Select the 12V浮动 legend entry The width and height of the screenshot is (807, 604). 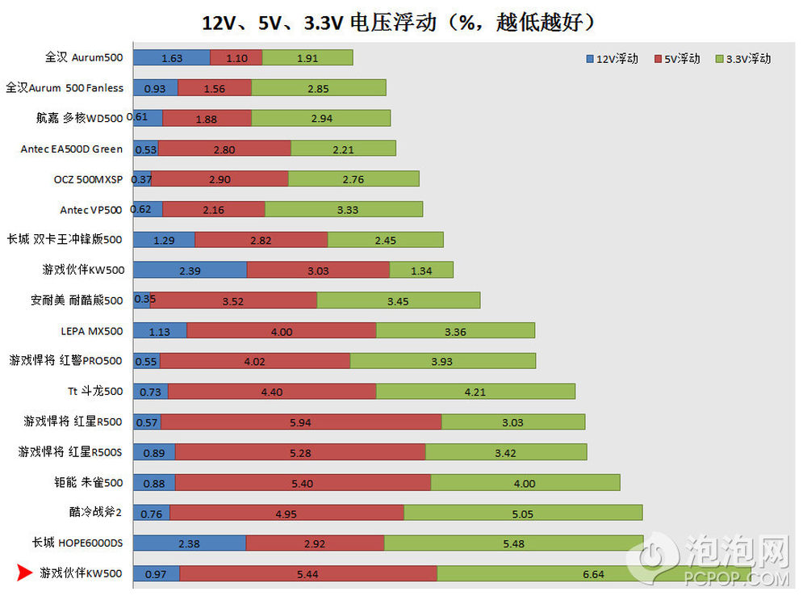(x=611, y=59)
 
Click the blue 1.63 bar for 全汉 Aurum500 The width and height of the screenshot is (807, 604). (x=171, y=57)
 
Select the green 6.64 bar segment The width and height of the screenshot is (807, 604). (x=594, y=573)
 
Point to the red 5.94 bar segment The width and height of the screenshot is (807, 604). (x=300, y=422)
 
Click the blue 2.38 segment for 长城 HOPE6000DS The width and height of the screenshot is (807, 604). (x=189, y=543)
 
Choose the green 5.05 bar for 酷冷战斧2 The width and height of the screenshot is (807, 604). (x=523, y=513)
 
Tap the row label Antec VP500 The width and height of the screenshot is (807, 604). (x=91, y=210)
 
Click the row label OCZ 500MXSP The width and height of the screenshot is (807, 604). (x=87, y=179)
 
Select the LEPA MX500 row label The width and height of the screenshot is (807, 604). (x=92, y=331)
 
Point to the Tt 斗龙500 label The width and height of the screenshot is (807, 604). (x=95, y=392)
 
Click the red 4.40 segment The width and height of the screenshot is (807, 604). (x=272, y=392)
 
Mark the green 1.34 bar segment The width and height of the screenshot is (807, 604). (x=421, y=271)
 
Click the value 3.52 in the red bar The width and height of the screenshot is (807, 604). (x=233, y=301)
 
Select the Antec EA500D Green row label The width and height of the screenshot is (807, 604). (x=72, y=149)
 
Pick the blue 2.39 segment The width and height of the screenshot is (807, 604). (x=190, y=271)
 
